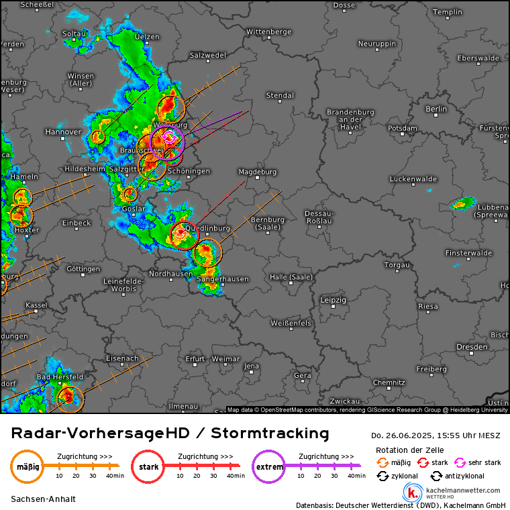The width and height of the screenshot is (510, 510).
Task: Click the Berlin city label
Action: pos(436,109)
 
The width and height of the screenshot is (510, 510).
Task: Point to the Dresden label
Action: pos(471,347)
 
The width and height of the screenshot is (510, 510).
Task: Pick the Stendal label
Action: pos(280,95)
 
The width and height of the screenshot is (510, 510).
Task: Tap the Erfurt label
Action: pos(195,358)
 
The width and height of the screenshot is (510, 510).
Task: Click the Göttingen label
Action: pos(84,269)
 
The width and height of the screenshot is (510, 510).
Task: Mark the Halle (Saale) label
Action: pos(291,278)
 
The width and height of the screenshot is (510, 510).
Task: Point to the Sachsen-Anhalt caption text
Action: pos(43,499)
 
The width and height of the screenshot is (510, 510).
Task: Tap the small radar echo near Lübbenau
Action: pos(462,203)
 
